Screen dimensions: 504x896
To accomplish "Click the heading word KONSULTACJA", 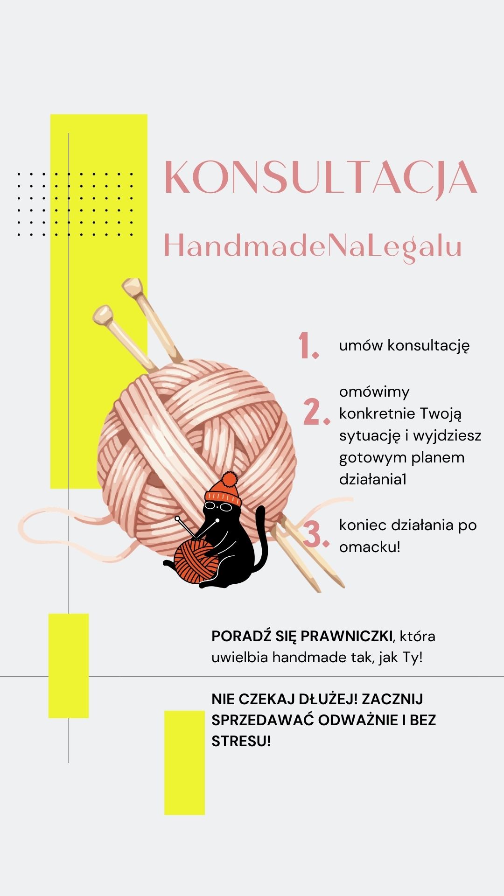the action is [321, 177].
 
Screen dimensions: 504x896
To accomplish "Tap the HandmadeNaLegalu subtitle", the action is [313, 246].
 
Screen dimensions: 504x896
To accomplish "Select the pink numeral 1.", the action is [308, 346].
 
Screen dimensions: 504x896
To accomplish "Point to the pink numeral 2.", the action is [316, 412].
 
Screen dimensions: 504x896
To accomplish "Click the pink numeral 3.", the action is [316, 534].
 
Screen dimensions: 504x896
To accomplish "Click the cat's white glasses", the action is [218, 507].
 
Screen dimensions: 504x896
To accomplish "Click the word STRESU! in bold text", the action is [241, 741].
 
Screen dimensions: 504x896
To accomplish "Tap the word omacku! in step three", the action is [370, 547].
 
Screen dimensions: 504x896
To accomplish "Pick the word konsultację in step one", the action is [428, 346].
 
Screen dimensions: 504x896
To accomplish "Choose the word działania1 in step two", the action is [373, 479].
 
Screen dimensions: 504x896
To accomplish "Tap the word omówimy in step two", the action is [374, 392].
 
